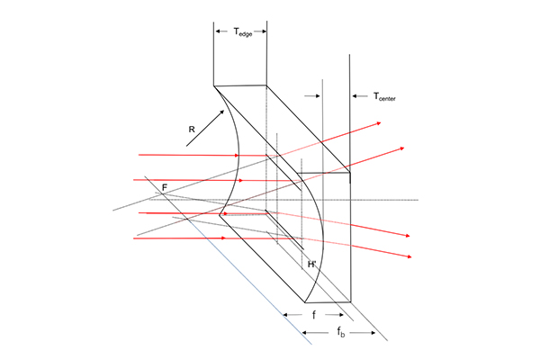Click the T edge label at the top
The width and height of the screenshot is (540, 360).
point(243,32)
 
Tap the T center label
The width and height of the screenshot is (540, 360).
point(384,97)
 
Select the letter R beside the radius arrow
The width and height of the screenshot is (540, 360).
point(192,130)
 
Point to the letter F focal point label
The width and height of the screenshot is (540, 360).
point(165,188)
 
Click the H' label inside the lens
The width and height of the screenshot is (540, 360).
point(311,265)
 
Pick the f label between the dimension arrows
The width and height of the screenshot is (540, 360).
point(314,315)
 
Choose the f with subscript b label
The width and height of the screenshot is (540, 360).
point(340,332)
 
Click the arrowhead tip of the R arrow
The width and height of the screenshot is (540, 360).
point(224,110)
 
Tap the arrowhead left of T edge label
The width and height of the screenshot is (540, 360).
point(216,31)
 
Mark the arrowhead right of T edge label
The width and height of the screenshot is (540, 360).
point(265,31)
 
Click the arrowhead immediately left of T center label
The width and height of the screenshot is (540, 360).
point(352,96)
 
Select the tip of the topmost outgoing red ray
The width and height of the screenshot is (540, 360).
point(381,122)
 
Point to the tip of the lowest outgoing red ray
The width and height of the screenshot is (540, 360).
point(412,257)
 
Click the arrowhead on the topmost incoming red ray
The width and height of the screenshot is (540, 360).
point(238,156)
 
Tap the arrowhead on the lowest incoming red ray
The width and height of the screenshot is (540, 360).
point(226,238)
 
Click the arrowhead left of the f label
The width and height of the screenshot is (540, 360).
point(283,314)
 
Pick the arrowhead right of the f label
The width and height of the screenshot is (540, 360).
point(343,314)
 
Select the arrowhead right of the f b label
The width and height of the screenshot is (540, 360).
point(375,332)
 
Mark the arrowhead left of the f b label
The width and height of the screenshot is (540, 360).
point(302,332)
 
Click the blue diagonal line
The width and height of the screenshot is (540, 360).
point(250,282)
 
